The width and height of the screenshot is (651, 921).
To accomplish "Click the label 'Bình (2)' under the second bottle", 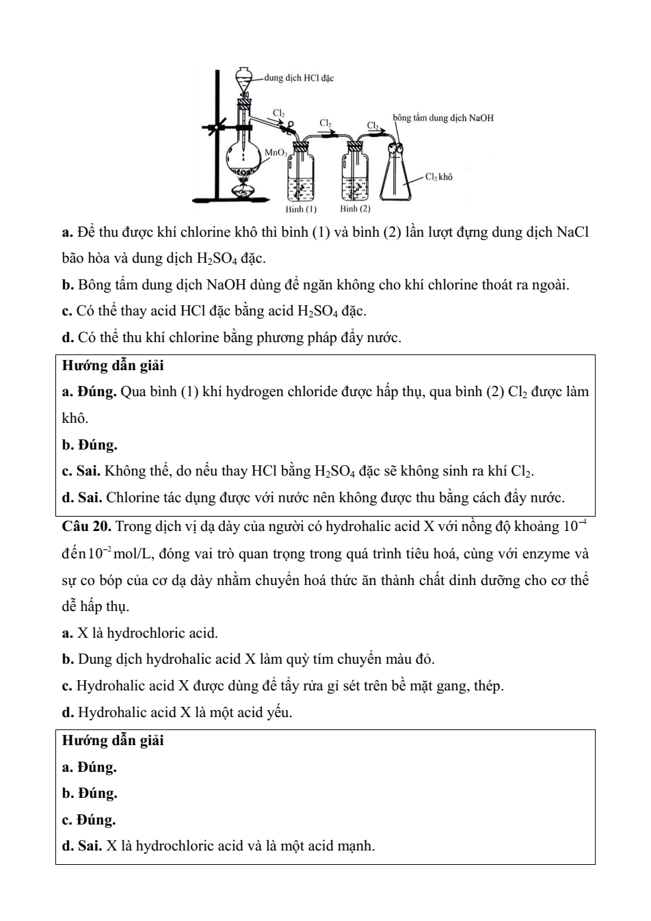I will click(355, 208).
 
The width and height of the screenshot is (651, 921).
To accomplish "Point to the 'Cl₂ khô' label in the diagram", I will click(438, 177).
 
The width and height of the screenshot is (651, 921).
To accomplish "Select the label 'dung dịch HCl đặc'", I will click(299, 78).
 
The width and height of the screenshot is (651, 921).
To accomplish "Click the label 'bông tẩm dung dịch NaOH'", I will click(442, 118).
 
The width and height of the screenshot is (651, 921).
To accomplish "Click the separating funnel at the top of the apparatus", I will click(243, 77).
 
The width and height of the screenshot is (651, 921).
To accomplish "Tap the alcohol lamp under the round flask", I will click(243, 187).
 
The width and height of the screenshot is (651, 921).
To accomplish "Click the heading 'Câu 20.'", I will click(86, 526).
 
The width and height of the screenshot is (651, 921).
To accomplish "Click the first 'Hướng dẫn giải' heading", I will click(113, 366).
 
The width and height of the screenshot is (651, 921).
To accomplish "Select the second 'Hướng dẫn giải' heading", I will click(113, 740).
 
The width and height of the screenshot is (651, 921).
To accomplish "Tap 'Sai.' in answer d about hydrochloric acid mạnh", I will click(90, 846).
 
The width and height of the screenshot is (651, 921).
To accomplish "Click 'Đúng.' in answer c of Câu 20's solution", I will click(96, 820).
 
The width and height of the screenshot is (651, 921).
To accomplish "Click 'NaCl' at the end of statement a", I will click(572, 233).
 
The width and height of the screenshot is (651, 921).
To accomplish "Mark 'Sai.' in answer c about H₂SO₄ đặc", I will click(89, 471).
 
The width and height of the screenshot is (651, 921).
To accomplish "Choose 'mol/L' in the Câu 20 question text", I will click(127, 554).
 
